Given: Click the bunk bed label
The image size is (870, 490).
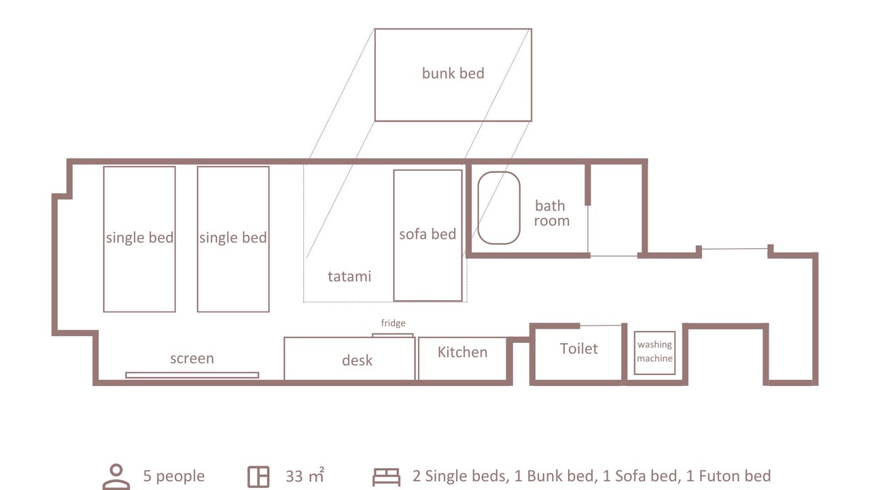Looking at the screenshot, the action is click(453, 73).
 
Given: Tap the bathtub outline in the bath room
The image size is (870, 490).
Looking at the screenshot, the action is click(478, 208).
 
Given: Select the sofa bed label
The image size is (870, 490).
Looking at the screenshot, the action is click(428, 234).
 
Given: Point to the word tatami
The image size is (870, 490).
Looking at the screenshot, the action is click(349, 276).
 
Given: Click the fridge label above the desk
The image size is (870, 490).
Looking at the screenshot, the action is click(393, 323).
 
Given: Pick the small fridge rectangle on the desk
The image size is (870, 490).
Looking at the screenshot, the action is click(393, 335).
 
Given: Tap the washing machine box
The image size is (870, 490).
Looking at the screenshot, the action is click(655, 353).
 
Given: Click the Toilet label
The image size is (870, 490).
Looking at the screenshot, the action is click(578, 348).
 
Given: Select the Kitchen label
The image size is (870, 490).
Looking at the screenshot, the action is click(462, 352).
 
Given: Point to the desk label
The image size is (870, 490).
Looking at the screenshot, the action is click(357, 361).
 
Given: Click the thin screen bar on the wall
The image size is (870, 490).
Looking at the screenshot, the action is click(192, 375).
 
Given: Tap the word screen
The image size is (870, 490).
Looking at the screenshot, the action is click(192, 358).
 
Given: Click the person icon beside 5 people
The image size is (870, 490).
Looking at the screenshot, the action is click(116, 477).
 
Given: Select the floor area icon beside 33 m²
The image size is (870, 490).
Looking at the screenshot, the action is click(258, 476).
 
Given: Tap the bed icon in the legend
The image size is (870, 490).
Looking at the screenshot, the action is click(386, 477).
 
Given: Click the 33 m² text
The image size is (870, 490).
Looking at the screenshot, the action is click(305, 476).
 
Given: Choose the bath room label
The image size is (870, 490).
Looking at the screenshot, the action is click(551, 213).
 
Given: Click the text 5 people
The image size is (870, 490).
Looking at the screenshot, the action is click(173, 476).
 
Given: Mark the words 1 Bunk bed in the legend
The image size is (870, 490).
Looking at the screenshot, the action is click(554, 476).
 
